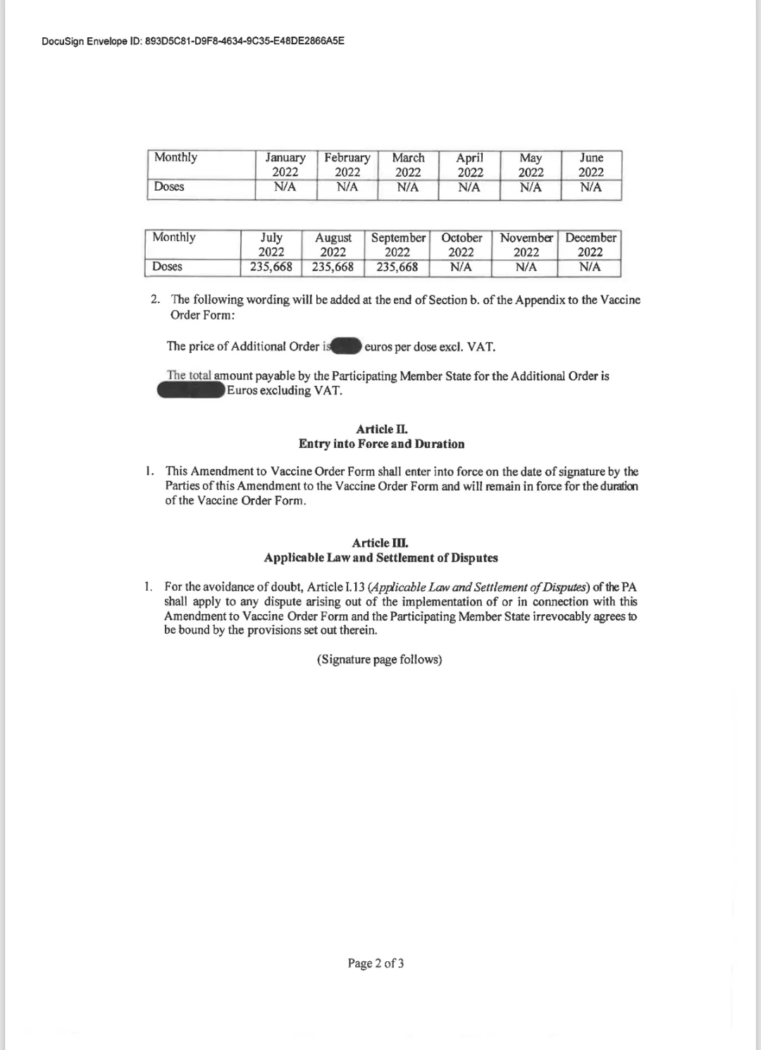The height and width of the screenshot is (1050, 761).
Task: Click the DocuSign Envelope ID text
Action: pos(193,41)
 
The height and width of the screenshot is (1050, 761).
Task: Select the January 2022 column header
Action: pos(285,165)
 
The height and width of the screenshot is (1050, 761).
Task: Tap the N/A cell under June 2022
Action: pos(591,187)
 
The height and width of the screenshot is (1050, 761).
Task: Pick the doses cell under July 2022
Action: pos(271,267)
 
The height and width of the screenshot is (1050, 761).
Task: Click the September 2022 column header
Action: pos(398,244)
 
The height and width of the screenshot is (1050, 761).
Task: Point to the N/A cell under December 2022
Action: pos(590,267)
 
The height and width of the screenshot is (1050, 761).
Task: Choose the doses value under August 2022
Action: pos(333,267)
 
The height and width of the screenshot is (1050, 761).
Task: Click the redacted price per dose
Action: pos(346,346)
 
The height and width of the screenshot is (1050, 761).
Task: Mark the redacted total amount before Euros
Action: pos(191,390)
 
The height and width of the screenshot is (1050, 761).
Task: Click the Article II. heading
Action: pos(382,429)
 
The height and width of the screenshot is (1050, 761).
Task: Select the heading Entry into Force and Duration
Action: pos(381,444)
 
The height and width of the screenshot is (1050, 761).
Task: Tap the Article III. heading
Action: pos(380,543)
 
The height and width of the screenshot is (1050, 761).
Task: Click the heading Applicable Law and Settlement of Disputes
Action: pos(380,558)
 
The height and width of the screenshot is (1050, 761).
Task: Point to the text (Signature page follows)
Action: pos(379,659)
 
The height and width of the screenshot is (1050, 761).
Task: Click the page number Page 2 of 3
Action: pos(376,963)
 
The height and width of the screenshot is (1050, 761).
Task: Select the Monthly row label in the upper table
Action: pos(175,157)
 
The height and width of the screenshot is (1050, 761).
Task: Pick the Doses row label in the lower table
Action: pos(167,266)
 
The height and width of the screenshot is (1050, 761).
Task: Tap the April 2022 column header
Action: pos(470,165)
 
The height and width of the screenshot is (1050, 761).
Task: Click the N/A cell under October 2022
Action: pos(461,267)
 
